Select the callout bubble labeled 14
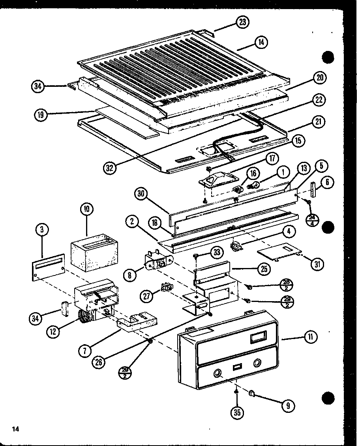tap(261, 42)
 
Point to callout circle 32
tap(111, 168)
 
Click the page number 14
tap(15, 429)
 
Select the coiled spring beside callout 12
tap(84, 316)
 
